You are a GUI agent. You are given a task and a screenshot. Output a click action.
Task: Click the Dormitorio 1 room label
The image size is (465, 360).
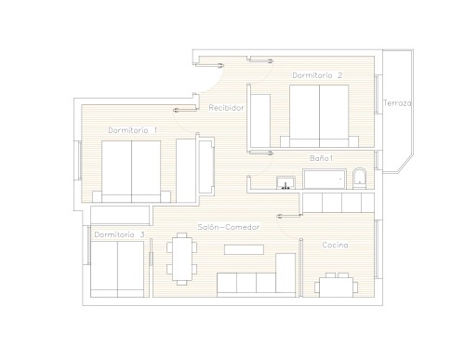132,130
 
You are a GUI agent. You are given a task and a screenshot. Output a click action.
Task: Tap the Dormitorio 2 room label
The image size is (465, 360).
317,75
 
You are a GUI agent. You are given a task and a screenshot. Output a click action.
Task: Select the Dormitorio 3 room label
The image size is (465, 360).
119,234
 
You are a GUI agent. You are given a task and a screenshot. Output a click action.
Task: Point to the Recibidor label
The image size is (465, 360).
226,108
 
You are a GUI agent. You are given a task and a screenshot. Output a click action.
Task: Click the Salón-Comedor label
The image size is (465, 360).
229,227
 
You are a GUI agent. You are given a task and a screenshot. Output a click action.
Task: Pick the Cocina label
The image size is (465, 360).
335,245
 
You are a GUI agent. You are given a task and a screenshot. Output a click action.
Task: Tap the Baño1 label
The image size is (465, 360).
322,158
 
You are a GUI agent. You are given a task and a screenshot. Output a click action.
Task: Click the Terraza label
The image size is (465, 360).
397,103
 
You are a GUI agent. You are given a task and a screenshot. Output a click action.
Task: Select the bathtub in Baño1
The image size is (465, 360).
325,179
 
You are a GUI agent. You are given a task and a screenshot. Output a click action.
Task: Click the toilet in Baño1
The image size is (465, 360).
359,179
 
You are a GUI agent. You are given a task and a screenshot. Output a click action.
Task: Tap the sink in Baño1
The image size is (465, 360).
286,182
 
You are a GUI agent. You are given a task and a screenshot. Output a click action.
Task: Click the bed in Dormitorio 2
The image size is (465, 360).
319,116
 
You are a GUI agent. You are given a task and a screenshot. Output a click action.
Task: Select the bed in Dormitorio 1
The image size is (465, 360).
131,171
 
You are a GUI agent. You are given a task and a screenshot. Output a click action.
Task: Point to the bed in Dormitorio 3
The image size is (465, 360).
117,269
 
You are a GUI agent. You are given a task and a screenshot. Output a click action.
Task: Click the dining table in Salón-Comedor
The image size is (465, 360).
182,259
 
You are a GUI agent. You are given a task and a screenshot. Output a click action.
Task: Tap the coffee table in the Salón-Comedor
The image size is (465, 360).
244,249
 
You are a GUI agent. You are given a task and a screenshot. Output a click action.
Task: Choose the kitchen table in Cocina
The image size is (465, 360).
337,285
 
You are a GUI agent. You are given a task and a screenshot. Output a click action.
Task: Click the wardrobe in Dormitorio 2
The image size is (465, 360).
260,121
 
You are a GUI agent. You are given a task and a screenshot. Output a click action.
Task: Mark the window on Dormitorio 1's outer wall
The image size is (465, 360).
80,160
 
